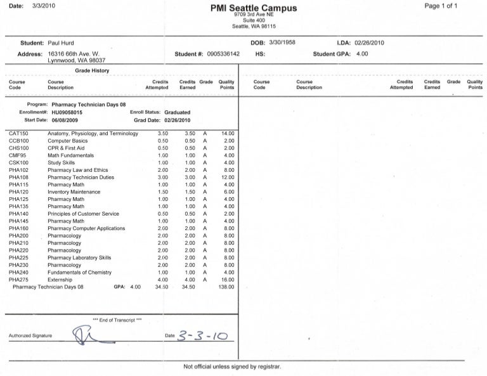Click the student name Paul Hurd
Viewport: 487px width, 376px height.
62,42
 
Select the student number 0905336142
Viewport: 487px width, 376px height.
223,54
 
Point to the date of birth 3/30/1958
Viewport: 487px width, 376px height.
282,42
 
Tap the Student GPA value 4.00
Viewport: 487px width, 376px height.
361,54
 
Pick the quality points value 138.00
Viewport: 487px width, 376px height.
226,287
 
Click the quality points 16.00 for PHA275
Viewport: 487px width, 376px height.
228,280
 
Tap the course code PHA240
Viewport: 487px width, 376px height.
18,272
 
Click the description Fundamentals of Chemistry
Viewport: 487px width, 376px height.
79,272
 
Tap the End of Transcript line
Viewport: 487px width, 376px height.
117,320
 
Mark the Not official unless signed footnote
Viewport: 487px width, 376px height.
231,366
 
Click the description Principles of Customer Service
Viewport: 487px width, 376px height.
83,214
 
